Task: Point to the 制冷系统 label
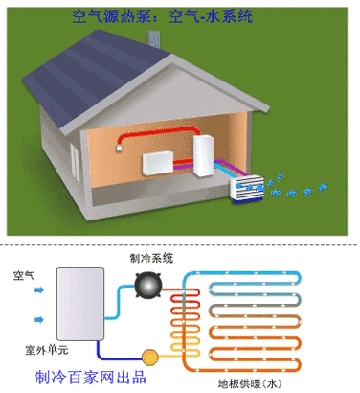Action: pos(151,257)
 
